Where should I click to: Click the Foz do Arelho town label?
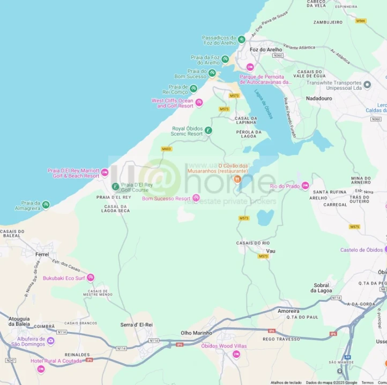[x=266, y=50]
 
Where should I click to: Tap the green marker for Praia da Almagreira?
[x=46, y=204]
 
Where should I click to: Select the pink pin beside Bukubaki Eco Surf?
[x=91, y=278]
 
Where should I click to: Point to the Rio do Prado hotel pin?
[x=306, y=186]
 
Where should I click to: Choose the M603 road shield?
[x=166, y=149]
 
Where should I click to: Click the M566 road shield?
[x=361, y=21]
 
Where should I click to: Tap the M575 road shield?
[x=354, y=227]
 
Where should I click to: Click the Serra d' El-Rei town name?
[x=137, y=325]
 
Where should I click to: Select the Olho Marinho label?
[x=196, y=333]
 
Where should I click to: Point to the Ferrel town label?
[x=42, y=255]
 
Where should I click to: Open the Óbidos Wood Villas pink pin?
[x=236, y=355]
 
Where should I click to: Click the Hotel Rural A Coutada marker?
[x=41, y=369]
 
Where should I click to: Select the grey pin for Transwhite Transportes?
[x=367, y=84]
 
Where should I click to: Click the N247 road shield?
[x=10, y=360]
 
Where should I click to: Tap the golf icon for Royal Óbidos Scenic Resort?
[x=209, y=130]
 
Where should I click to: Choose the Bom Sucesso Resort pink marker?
[x=196, y=198]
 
